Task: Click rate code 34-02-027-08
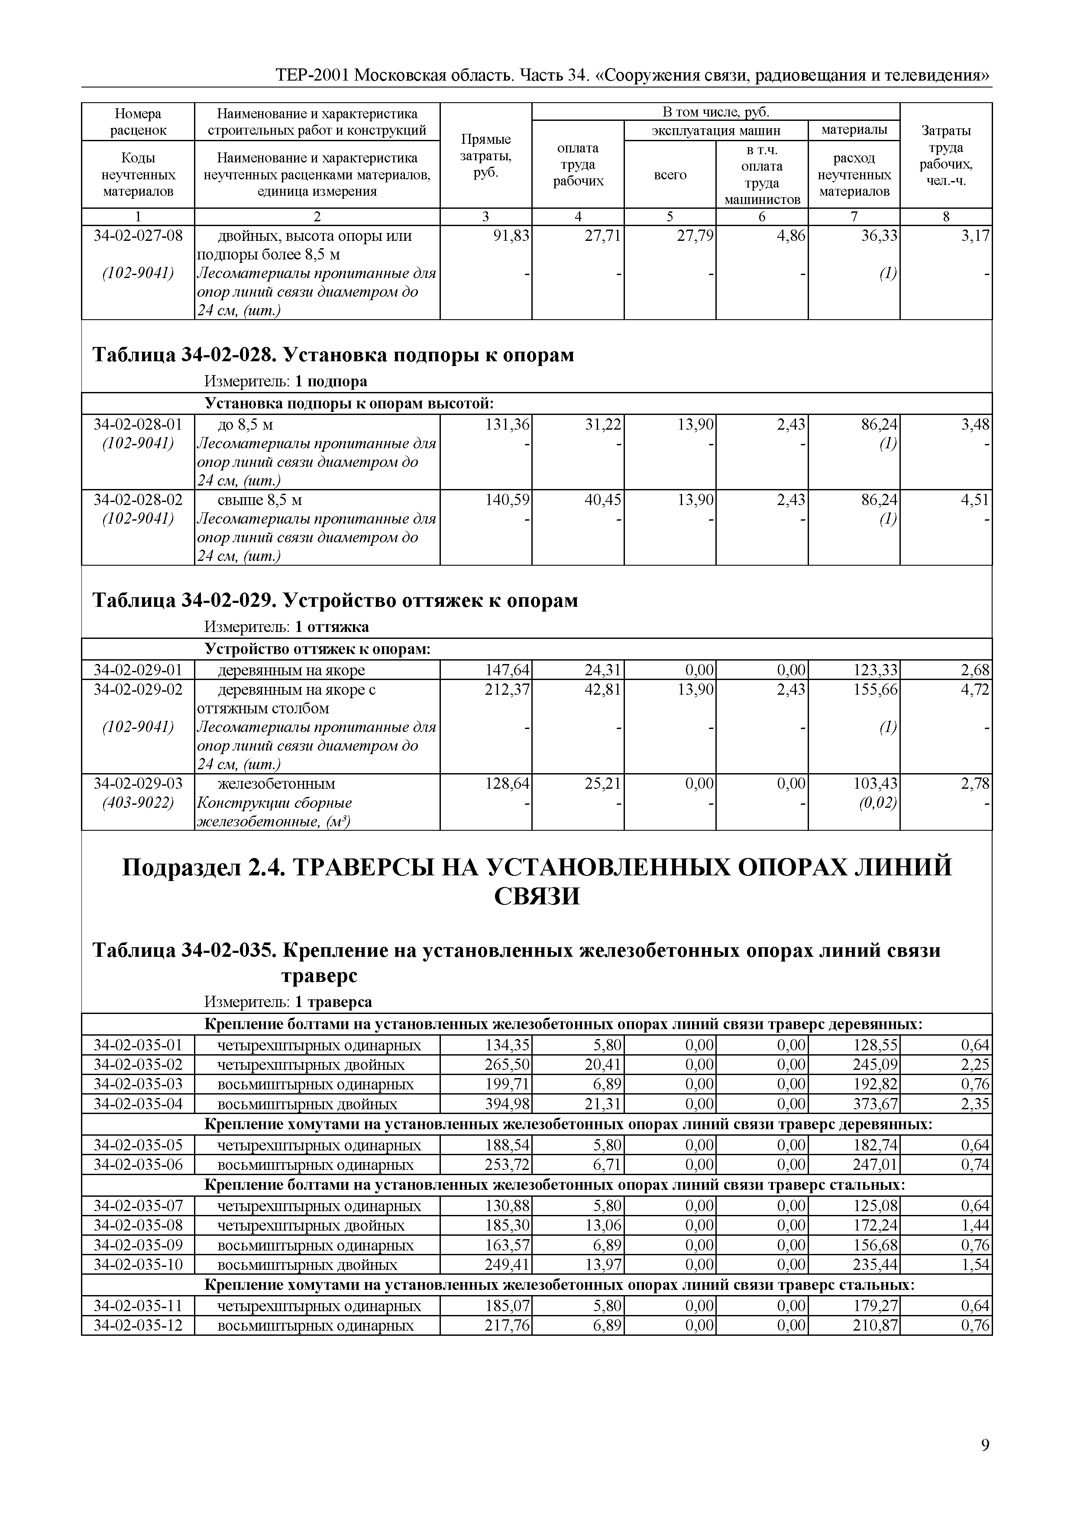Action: [138, 236]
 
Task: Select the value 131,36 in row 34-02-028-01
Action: [507, 424]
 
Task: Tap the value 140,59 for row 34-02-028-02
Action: [507, 499]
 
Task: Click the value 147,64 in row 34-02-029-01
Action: [507, 670]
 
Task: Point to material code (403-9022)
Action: [138, 803]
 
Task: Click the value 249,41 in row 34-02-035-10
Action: [507, 1265]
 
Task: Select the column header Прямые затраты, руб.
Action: [485, 155]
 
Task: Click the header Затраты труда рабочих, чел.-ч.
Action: [946, 155]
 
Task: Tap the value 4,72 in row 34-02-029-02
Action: [975, 690]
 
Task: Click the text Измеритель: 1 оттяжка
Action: [286, 626]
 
